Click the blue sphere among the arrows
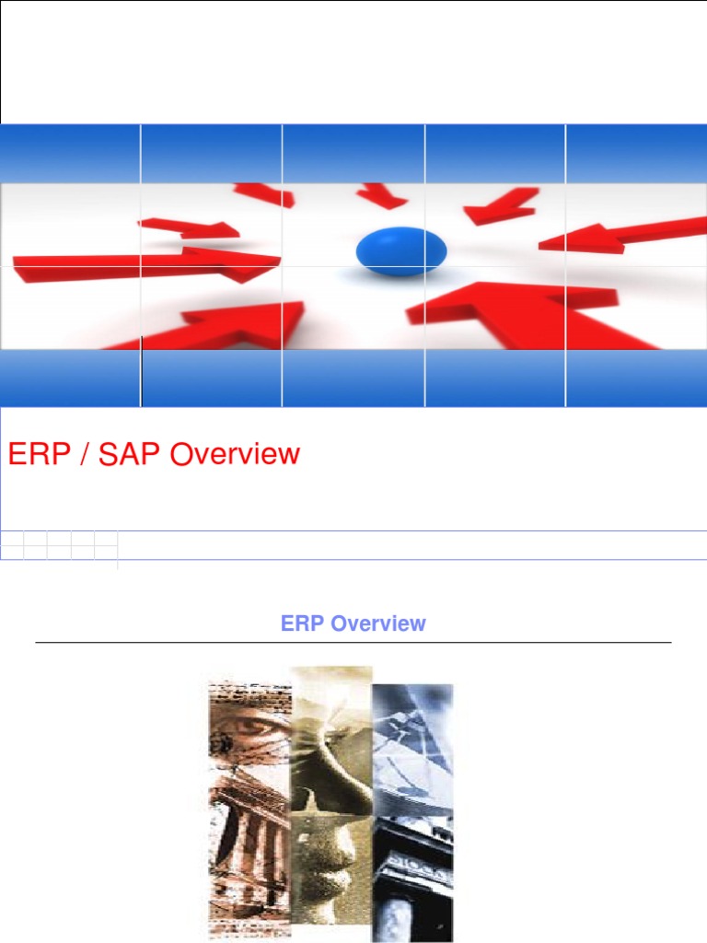click(x=401, y=250)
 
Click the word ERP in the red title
click(x=39, y=453)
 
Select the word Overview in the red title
click(x=235, y=453)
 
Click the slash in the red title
click(x=84, y=454)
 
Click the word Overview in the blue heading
click(x=378, y=623)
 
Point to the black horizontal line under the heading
click(x=353, y=642)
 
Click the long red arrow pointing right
click(x=146, y=265)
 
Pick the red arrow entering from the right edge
click(x=623, y=237)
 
